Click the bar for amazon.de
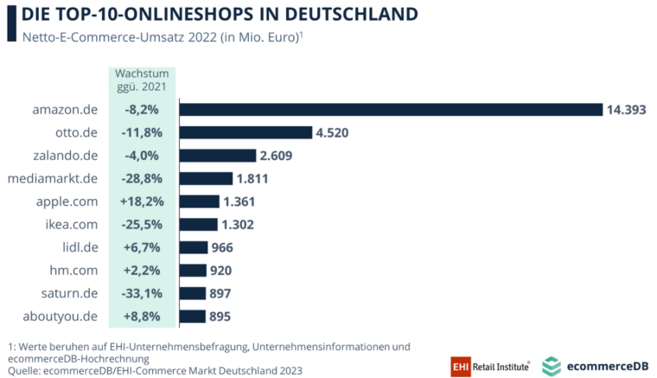tap(390, 109)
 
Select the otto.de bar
tap(246, 132)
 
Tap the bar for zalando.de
tap(218, 156)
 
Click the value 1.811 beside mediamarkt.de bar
tap(254, 178)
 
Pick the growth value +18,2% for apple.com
tap(141, 202)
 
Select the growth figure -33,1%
tap(141, 293)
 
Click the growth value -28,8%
tap(141, 178)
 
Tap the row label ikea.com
tap(73, 224)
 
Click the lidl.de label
tap(80, 247)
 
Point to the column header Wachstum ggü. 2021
tap(141, 80)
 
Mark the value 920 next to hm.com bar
tap(220, 270)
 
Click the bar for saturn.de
tap(192, 293)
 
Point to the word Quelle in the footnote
tap(27, 371)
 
